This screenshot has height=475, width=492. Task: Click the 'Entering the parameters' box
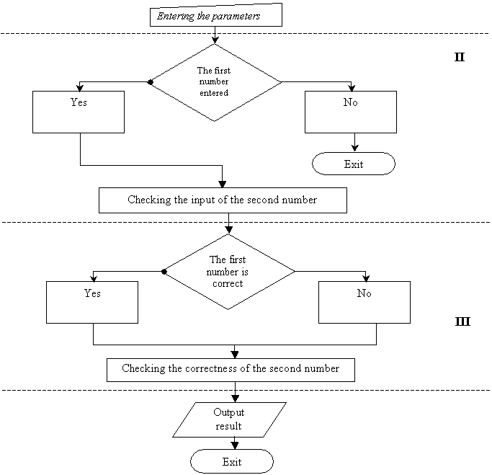point(216,14)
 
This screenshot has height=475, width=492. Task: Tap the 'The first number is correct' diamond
point(228,272)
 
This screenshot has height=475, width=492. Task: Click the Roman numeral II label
point(460,57)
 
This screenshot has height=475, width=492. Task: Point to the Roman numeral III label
point(462,321)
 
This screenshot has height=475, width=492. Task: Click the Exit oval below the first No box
point(354,164)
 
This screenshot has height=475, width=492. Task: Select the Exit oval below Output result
point(232,461)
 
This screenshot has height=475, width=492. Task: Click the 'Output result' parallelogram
point(229,419)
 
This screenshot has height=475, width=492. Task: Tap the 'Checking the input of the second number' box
point(223,200)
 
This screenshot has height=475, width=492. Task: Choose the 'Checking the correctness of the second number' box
point(231,370)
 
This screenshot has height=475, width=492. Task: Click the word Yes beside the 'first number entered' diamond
point(79,102)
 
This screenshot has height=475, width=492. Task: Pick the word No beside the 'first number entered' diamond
point(351,102)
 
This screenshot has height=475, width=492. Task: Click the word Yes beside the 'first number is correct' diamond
point(92,293)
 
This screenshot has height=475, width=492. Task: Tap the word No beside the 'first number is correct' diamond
point(364,293)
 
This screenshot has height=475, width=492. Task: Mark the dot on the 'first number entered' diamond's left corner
point(151,82)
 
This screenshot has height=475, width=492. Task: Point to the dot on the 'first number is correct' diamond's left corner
point(164,272)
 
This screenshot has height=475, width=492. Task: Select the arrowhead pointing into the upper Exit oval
point(355,148)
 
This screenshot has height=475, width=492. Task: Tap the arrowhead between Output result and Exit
point(235,445)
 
